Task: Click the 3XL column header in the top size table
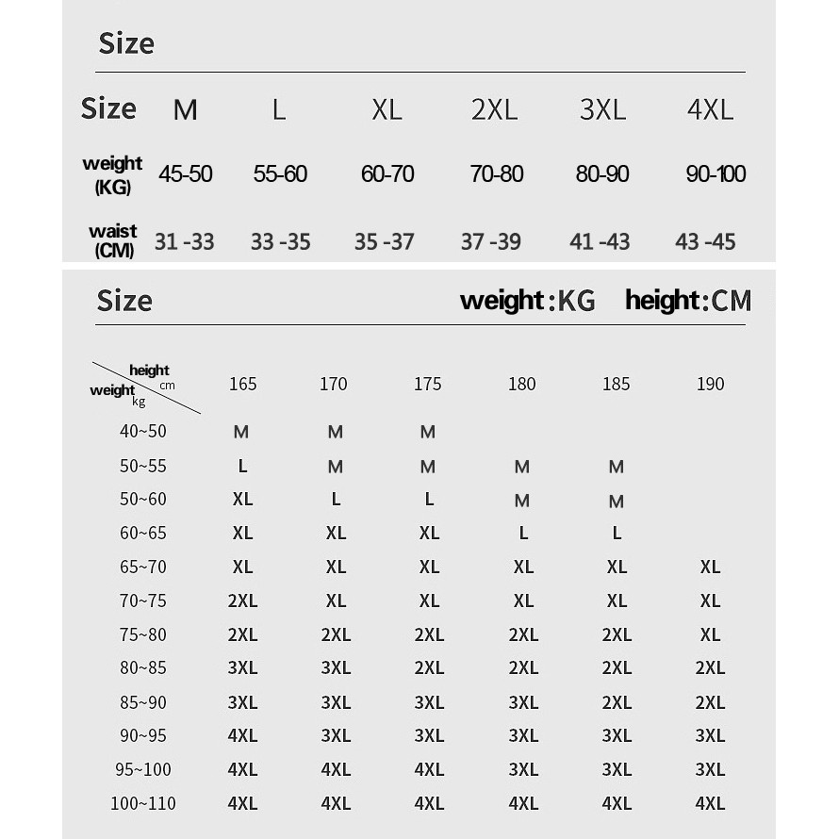coord(602,109)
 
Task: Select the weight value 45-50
coord(186,173)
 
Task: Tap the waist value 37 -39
coord(490,241)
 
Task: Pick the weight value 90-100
coord(716,173)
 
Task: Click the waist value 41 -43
coord(600,241)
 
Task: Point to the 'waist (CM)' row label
coord(113,240)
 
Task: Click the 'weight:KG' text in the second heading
coord(528,301)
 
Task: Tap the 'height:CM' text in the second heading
coord(688,301)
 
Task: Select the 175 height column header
coord(427,384)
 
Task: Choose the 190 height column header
coord(710,384)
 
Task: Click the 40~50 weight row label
coord(143,431)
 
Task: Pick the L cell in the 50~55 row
coord(242,466)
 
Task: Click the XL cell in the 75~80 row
coord(710,634)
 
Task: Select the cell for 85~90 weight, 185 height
coord(617,702)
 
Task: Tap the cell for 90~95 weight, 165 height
coord(242,735)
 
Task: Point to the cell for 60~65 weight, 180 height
coord(523,533)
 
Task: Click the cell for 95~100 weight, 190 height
coord(710,769)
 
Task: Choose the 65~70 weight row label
coord(143,567)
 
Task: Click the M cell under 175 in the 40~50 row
coord(428,432)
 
